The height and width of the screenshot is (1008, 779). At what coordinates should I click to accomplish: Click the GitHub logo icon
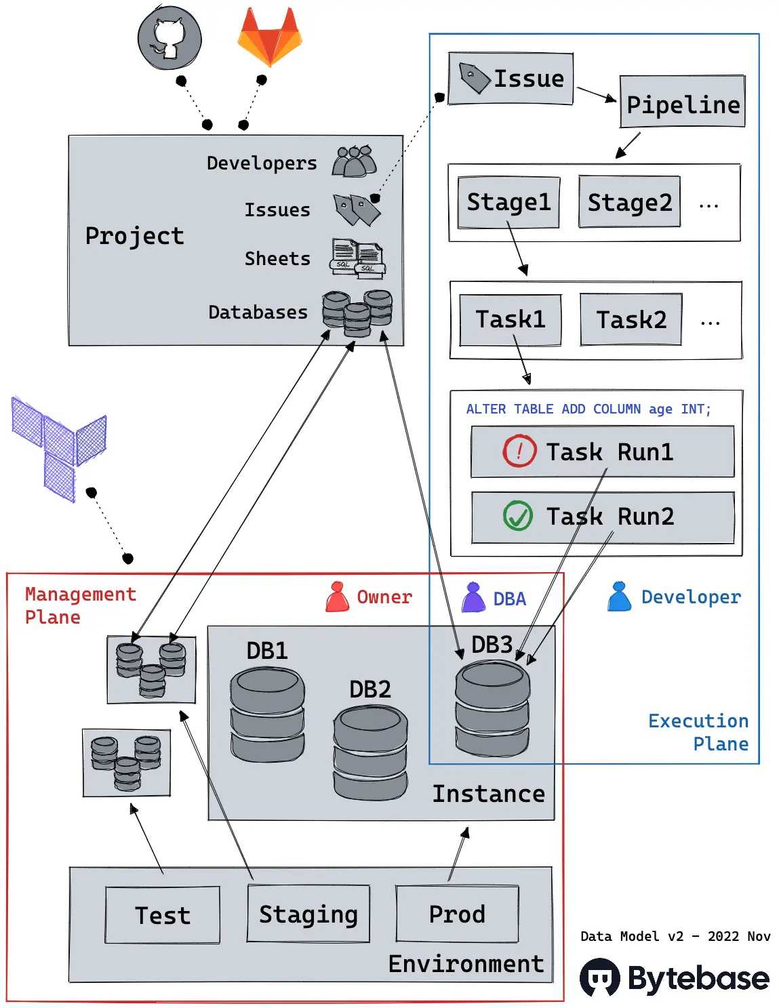pyautogui.click(x=169, y=37)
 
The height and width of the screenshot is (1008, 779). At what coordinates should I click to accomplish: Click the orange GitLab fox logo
pyautogui.click(x=270, y=36)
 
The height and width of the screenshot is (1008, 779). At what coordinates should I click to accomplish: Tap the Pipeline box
pyautogui.click(x=682, y=101)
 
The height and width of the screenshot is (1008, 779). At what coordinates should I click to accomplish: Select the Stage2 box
pyautogui.click(x=629, y=201)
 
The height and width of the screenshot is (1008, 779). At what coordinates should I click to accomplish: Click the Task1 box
pyautogui.click(x=510, y=319)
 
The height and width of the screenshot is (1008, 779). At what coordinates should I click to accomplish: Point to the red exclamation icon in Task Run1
pyautogui.click(x=519, y=450)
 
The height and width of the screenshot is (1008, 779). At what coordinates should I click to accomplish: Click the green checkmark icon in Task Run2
pyautogui.click(x=517, y=515)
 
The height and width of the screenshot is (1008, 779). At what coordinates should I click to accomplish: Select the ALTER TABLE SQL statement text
pyautogui.click(x=588, y=409)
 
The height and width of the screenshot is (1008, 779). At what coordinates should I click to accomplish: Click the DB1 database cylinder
pyautogui.click(x=267, y=714)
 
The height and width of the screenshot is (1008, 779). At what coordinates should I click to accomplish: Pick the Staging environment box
pyautogui.click(x=308, y=913)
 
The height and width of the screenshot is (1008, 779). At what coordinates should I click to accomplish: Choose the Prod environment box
pyautogui.click(x=457, y=913)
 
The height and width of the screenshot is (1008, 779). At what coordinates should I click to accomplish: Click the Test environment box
pyautogui.click(x=163, y=914)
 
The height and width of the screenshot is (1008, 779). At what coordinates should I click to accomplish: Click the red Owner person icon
pyautogui.click(x=338, y=597)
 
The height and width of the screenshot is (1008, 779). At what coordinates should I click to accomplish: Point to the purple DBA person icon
pyautogui.click(x=473, y=597)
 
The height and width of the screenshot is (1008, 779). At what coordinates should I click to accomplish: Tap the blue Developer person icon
pyautogui.click(x=619, y=596)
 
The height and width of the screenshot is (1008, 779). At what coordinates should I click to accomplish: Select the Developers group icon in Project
pyautogui.click(x=354, y=161)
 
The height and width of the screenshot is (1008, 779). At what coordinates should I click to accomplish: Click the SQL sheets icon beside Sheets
pyautogui.click(x=358, y=258)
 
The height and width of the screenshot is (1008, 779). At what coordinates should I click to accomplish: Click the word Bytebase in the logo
pyautogui.click(x=698, y=978)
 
